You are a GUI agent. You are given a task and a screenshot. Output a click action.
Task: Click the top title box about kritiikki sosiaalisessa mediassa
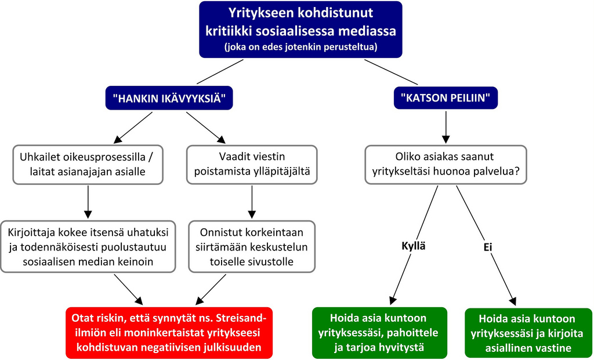300,29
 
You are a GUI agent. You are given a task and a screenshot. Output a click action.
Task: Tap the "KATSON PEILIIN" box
445,99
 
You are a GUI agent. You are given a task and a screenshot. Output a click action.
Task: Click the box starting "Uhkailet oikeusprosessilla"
87,165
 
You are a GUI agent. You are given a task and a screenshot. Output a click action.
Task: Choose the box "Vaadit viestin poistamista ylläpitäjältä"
252,165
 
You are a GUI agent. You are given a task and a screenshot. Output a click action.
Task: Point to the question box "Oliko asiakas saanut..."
445,165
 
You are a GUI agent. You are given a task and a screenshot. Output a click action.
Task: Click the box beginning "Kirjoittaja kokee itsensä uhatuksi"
88,247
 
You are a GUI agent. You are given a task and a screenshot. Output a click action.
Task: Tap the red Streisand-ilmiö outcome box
168,332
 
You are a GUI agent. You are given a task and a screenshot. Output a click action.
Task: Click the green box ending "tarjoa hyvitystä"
380,333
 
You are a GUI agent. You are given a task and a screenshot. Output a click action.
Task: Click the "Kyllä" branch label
414,246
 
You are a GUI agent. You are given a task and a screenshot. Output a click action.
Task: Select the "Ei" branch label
488,246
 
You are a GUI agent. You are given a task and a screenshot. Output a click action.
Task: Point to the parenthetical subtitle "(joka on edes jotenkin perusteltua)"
300,47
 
